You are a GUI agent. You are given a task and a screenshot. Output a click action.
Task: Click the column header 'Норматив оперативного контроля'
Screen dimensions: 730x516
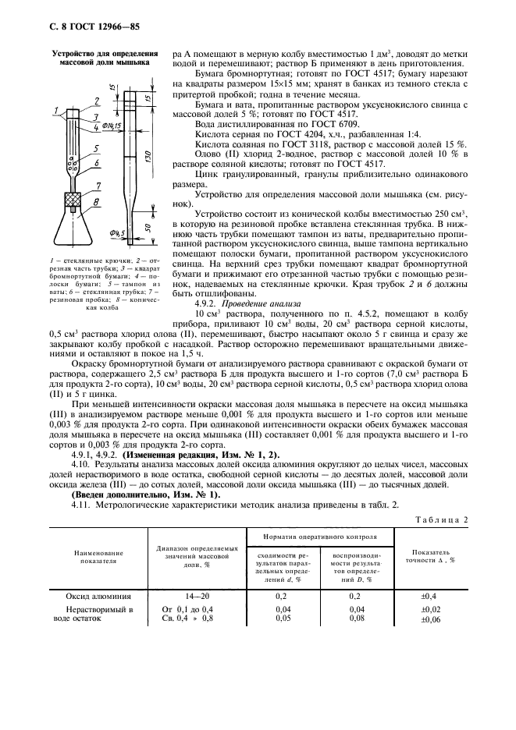click(x=320, y=537)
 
